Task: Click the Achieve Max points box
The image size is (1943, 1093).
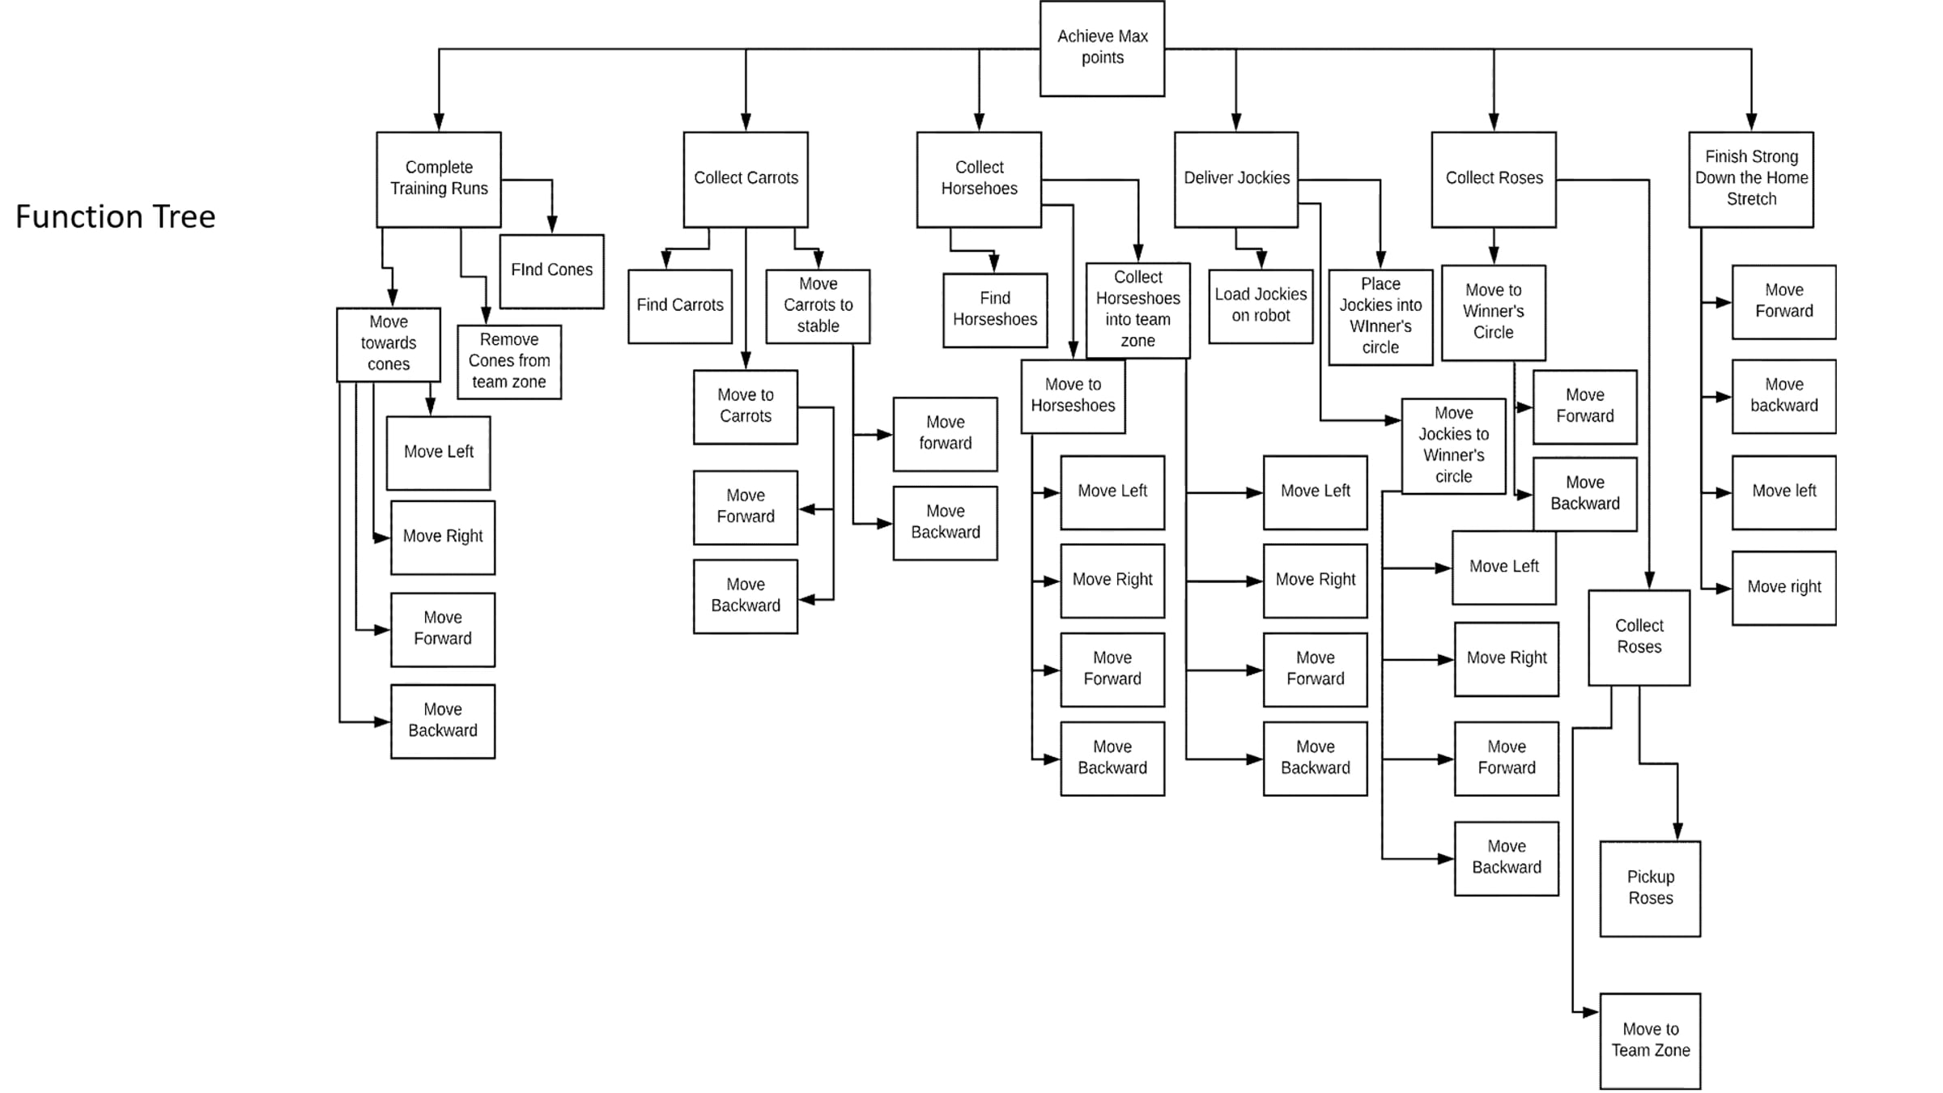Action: [1102, 49]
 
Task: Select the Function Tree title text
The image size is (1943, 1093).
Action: [116, 217]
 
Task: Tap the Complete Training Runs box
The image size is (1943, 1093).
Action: [439, 180]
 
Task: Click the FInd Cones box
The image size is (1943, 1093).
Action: [551, 271]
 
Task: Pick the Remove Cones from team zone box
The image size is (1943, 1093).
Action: [509, 362]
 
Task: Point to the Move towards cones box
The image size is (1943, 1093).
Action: [389, 344]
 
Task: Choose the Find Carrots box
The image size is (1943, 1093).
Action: [680, 306]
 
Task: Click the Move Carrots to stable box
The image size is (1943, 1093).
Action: [818, 306]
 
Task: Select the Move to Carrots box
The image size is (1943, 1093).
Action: [746, 406]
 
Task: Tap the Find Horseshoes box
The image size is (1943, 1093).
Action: [995, 310]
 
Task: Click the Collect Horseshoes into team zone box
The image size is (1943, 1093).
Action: [1137, 310]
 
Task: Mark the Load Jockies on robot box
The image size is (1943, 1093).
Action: [1261, 306]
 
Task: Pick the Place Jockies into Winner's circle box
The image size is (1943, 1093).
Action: [1380, 317]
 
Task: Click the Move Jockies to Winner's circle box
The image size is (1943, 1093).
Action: [1453, 445]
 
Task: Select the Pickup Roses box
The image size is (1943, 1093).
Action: [1650, 888]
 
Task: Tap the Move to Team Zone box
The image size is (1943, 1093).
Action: [1650, 1040]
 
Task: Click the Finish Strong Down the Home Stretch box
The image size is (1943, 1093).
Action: [1751, 180]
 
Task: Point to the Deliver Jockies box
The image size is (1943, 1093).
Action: [1236, 180]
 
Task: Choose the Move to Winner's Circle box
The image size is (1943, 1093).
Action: [1493, 313]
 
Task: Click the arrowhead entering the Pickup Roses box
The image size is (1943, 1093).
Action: [1677, 832]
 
